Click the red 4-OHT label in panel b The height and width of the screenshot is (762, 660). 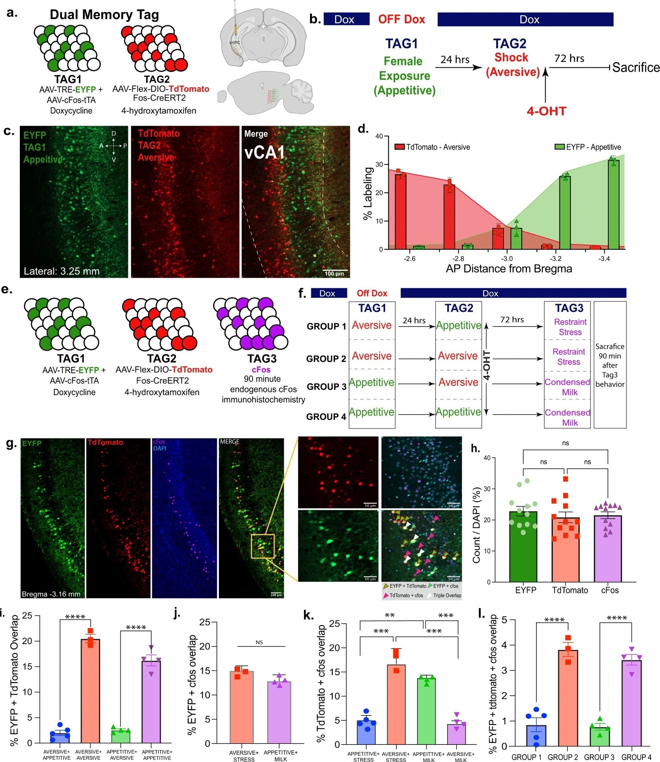pos(546,111)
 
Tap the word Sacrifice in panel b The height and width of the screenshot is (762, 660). pos(636,67)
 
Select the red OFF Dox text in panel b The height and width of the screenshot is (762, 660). pos(401,19)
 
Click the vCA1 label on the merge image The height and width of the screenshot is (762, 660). pos(264,152)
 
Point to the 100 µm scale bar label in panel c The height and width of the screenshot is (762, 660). pos(334,274)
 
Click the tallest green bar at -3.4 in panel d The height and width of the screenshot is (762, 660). pos(613,206)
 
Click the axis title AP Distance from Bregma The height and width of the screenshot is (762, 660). pos(509,269)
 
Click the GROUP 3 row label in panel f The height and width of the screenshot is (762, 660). pos(326,387)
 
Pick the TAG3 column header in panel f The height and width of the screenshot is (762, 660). pos(568,308)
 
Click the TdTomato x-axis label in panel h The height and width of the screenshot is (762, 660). pos(570,590)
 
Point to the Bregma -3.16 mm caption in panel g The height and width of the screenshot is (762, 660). pos(51,594)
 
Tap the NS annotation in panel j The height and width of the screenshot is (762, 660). pos(259,642)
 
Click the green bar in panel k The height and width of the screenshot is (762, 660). pos(426,711)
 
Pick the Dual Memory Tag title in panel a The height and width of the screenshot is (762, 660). pos(104,14)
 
